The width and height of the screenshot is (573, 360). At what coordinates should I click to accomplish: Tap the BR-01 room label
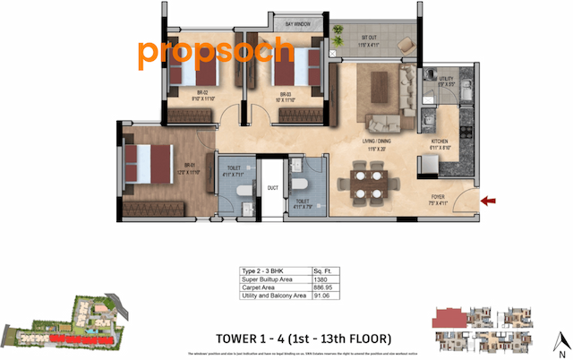click(190, 167)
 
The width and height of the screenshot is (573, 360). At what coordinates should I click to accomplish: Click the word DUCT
click(273, 187)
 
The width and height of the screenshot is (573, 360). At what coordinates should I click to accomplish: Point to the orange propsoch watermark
click(216, 54)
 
